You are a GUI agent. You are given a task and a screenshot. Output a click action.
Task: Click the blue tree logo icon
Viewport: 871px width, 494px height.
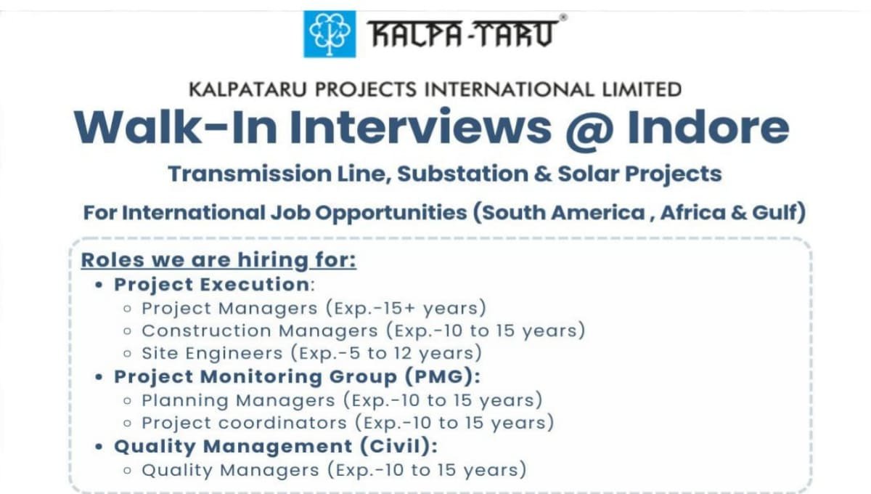(x=330, y=33)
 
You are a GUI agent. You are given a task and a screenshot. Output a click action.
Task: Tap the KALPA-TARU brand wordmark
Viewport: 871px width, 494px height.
(x=463, y=33)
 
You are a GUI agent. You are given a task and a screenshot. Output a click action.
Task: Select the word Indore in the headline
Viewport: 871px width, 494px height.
(x=708, y=127)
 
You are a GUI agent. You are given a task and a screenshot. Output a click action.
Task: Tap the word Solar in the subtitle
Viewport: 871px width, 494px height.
(x=592, y=174)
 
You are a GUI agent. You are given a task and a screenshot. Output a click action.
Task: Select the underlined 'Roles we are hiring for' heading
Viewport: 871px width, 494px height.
(x=218, y=260)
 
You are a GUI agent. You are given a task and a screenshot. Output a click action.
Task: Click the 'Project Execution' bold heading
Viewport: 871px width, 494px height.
(x=211, y=284)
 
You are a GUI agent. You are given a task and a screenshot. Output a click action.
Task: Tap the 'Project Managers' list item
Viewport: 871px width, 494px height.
(x=229, y=308)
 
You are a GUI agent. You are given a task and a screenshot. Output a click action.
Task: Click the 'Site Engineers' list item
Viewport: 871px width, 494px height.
(x=212, y=354)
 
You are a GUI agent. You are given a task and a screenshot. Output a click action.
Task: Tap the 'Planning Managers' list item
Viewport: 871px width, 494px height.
(x=238, y=400)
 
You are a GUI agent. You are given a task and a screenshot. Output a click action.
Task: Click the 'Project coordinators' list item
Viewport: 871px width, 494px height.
(x=244, y=423)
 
